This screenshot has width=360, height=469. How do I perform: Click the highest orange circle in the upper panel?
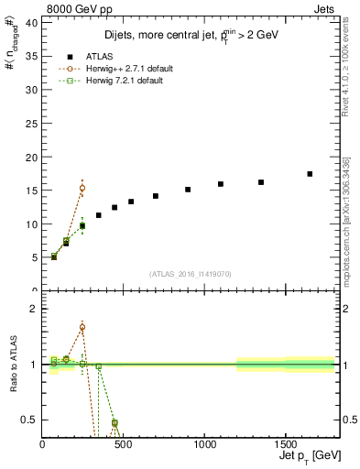pos(82,188)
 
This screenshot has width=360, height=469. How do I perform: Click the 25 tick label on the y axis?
pos(30,124)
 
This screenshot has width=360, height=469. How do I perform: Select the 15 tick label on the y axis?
pos(30,191)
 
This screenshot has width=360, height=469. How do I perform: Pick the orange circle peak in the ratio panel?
pos(82,327)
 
